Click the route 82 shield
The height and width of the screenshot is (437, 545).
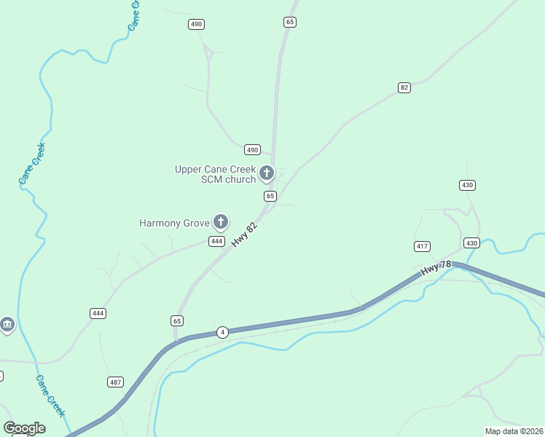pyautogui.click(x=404, y=87)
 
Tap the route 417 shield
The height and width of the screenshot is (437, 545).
pyautogui.click(x=422, y=246)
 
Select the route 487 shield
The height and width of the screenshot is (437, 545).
pyautogui.click(x=115, y=382)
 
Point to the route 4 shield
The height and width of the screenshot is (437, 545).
pyautogui.click(x=222, y=332)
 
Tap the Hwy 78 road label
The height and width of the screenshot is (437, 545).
pyautogui.click(x=436, y=270)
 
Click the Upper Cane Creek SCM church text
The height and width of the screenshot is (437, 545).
pyautogui.click(x=215, y=174)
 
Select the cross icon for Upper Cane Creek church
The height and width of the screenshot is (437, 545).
pyautogui.click(x=267, y=173)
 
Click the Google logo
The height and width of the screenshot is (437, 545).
pyautogui.click(x=24, y=428)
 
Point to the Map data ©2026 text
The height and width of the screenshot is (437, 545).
pyautogui.click(x=513, y=430)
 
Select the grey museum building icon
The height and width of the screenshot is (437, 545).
pyautogui.click(x=7, y=324)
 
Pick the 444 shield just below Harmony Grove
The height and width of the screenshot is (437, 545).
pyautogui.click(x=216, y=241)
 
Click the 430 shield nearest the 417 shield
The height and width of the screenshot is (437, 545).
pyautogui.click(x=471, y=243)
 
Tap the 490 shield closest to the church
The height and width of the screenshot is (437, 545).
pyautogui.click(x=252, y=149)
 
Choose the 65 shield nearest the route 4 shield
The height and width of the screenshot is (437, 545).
pyautogui.click(x=177, y=320)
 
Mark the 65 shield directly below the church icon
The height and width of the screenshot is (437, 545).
pyautogui.click(x=270, y=196)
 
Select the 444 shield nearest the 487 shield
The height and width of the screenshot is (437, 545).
pyautogui.click(x=98, y=313)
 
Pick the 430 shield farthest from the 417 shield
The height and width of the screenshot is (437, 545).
pyautogui.click(x=468, y=185)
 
